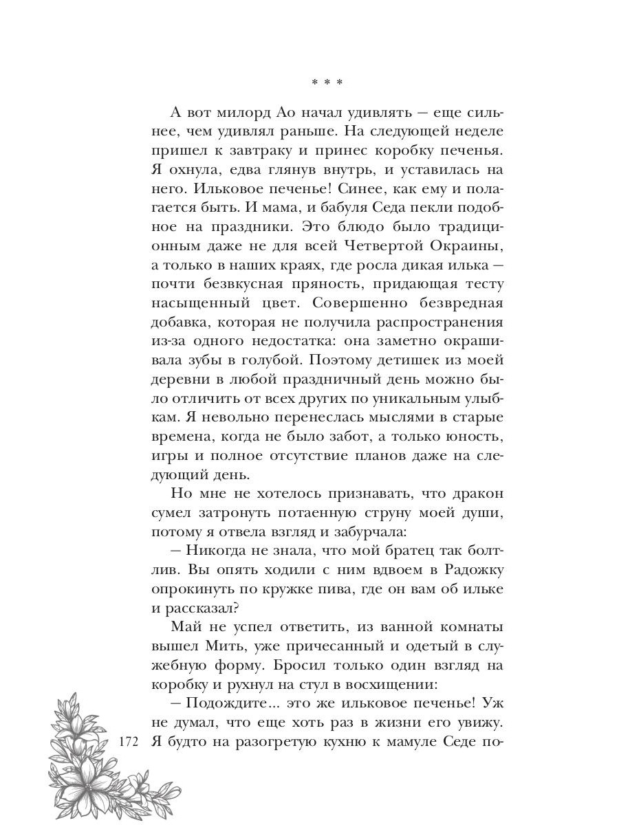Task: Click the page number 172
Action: (129, 742)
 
